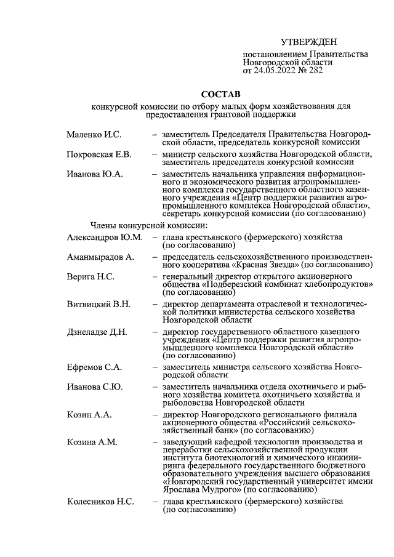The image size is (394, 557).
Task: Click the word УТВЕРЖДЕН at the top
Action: coord(309,42)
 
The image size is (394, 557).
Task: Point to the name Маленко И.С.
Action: coord(94,134)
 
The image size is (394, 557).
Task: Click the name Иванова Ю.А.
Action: coord(95,174)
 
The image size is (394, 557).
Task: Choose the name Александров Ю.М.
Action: coord(104,237)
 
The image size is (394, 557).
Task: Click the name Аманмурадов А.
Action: coord(100,256)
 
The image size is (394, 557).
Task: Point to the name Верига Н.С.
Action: coord(90,276)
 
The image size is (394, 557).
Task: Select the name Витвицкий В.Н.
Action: coord(98,304)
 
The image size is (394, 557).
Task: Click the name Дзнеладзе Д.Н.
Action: coord(97,332)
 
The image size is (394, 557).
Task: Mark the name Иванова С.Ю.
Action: coord(95,387)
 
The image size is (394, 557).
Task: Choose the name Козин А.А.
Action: coord(89,415)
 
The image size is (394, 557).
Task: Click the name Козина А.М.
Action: coord(92,443)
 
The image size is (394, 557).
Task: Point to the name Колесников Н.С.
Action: coord(100,502)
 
